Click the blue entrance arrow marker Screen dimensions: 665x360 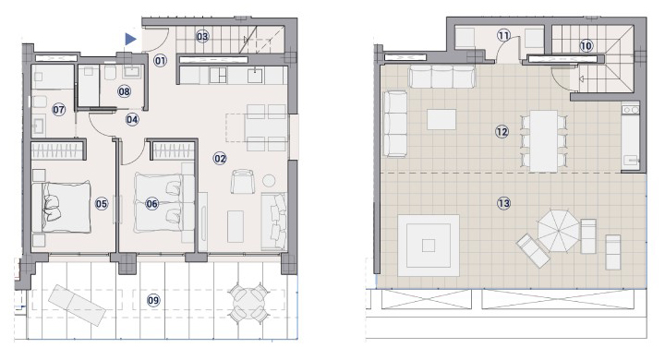point(130,40)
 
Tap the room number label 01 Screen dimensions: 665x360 point(161,61)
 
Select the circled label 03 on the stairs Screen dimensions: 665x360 point(202,37)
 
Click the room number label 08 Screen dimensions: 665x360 point(125,91)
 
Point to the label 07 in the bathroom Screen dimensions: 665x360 point(58,110)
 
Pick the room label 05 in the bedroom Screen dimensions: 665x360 point(102,204)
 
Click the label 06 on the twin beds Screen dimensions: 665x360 point(151,204)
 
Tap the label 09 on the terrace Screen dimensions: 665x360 point(153,301)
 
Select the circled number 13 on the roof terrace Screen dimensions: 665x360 point(503,203)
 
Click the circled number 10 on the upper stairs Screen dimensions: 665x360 point(586,46)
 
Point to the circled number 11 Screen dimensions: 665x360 point(503,35)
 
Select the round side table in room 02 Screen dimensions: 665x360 point(269,181)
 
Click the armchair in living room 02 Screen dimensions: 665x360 point(243,182)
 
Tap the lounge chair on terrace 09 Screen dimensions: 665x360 point(77,306)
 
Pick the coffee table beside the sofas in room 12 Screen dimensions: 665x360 point(441,119)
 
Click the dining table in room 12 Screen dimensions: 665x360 point(544,141)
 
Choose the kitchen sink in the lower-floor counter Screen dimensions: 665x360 point(255,76)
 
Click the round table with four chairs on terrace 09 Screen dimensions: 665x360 point(249,303)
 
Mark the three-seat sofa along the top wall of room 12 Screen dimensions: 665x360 point(441,77)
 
